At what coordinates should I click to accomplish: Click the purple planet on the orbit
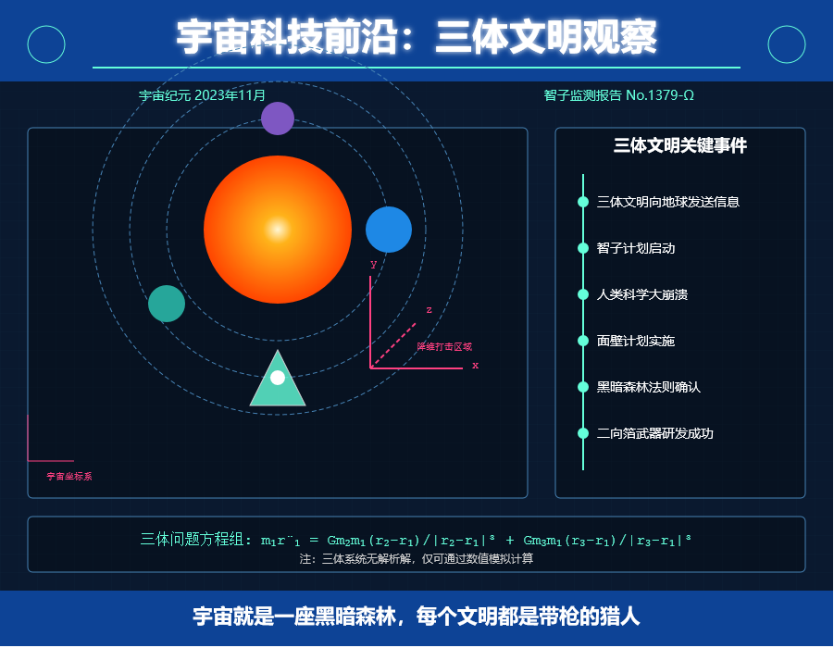[x=278, y=118]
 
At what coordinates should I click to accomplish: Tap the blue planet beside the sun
[x=389, y=230]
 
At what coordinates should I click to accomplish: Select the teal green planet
[x=167, y=304]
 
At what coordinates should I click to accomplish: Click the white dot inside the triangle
[x=278, y=378]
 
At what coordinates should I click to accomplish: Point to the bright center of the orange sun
[x=278, y=230]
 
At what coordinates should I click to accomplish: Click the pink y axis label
[x=373, y=264]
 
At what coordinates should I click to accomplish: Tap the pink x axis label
[x=476, y=366]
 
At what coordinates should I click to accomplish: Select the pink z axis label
[x=429, y=310]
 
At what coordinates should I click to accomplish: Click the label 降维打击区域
[x=444, y=347]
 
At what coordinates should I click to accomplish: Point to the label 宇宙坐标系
[x=69, y=476]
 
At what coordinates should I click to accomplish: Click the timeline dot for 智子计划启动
[x=583, y=248]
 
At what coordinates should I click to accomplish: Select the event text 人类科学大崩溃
[x=642, y=294]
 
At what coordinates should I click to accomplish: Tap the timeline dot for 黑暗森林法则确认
[x=583, y=387]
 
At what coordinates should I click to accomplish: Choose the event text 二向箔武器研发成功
[x=654, y=433]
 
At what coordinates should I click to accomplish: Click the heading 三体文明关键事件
[x=680, y=145]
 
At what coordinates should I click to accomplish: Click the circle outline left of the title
[x=28, y=44]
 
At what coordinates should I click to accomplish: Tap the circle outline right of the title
[x=768, y=44]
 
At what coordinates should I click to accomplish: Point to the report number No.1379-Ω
[x=660, y=95]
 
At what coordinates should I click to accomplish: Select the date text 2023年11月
[x=230, y=95]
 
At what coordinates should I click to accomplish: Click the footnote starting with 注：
[x=417, y=558]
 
